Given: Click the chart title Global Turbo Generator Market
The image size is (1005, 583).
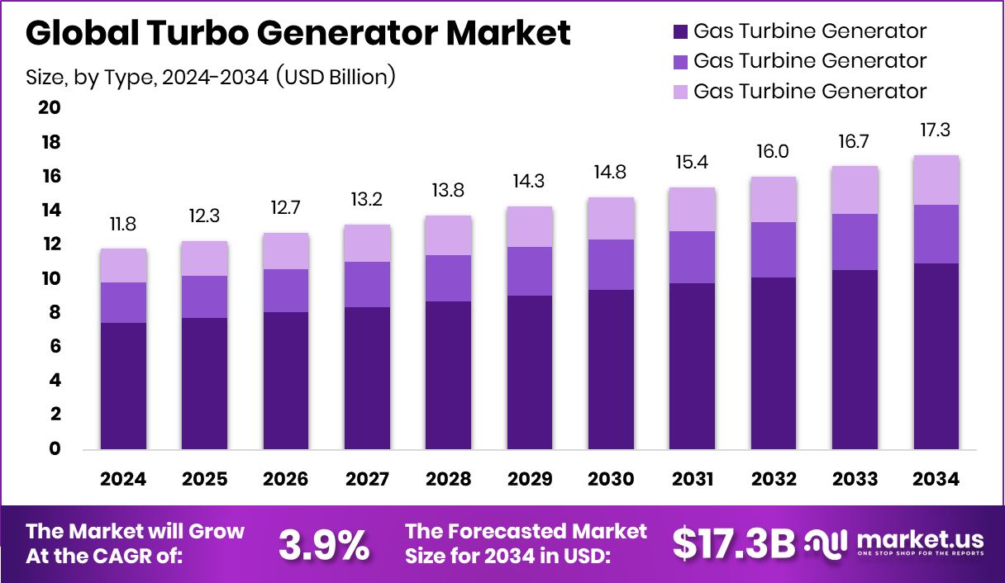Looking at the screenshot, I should (x=298, y=34).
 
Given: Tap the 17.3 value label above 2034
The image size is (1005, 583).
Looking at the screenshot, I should (x=936, y=130).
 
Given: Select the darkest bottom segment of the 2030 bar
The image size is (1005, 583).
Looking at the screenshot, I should (x=611, y=369).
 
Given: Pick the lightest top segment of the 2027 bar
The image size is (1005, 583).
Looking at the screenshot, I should (x=367, y=243).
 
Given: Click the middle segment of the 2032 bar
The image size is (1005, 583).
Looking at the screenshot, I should (x=774, y=249).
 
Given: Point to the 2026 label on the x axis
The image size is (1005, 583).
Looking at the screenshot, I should (x=285, y=480).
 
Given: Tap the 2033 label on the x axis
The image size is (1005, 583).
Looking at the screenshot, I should (x=855, y=480).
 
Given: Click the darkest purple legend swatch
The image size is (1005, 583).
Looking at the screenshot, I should (x=680, y=32).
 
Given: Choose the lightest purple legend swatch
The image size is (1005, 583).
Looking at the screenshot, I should (x=680, y=91).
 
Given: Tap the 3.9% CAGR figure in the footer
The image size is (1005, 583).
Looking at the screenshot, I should (x=323, y=544).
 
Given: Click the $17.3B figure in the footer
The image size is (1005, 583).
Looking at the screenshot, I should (x=733, y=543).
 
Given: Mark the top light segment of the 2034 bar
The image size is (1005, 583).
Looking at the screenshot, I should (x=936, y=180).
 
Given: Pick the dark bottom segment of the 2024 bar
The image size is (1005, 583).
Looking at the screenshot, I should (x=123, y=386).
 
